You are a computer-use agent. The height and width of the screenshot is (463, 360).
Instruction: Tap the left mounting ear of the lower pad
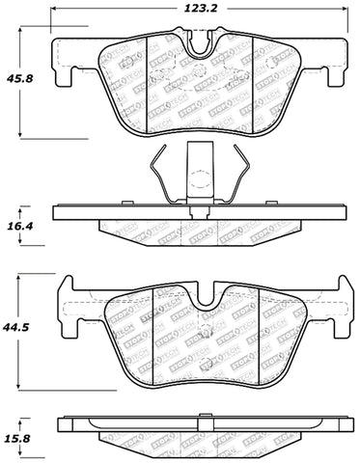(x=68, y=289)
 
